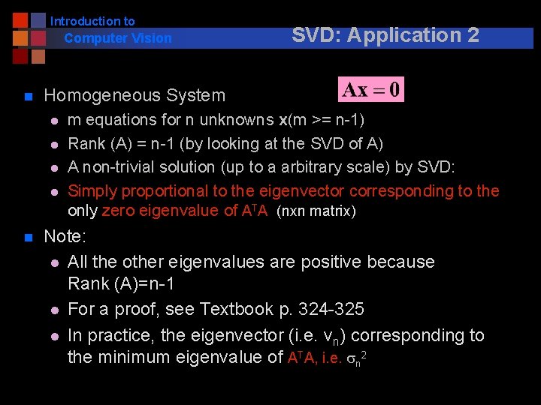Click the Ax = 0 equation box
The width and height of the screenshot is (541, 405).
click(x=371, y=90)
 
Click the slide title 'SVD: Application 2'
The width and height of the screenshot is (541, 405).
click(x=385, y=35)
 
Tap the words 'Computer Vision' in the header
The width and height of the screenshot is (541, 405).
click(x=118, y=38)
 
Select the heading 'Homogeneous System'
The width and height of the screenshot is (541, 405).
click(x=134, y=95)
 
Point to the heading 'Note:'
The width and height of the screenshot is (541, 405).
click(x=65, y=237)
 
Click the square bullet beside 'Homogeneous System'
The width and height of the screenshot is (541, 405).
click(x=27, y=96)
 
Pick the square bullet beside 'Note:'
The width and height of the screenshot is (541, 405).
click(x=27, y=238)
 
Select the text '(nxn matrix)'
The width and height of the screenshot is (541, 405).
click(x=316, y=211)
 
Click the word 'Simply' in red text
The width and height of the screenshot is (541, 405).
click(x=92, y=191)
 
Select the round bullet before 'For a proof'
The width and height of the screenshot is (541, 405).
click(x=55, y=310)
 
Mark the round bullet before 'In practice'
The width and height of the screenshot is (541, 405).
click(x=55, y=336)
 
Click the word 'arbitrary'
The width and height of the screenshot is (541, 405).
click(x=303, y=167)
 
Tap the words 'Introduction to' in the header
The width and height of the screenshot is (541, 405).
click(x=92, y=22)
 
